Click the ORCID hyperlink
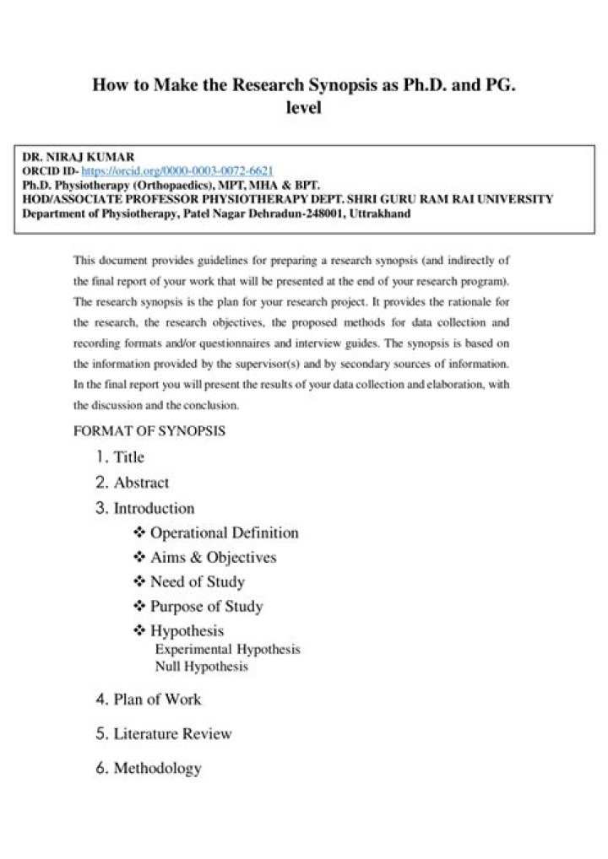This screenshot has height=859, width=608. [x=176, y=170]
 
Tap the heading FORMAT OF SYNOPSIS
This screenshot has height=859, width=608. [x=149, y=430]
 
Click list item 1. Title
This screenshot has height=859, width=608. [x=120, y=457]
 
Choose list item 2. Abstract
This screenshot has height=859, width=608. [x=132, y=483]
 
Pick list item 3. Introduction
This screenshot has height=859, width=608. [x=144, y=508]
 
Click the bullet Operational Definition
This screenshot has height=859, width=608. [x=224, y=533]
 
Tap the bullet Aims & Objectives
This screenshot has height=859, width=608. [x=213, y=558]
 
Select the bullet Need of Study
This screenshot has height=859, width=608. [x=197, y=582]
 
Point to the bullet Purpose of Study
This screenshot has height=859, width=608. [x=206, y=607]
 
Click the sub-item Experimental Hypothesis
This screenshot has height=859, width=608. [x=227, y=650]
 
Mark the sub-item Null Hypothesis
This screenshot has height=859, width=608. [x=201, y=667]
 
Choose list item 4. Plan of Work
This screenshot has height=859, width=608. [x=149, y=700]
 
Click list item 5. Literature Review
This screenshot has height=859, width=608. [x=164, y=734]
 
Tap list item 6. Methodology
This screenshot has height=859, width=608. [x=149, y=769]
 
